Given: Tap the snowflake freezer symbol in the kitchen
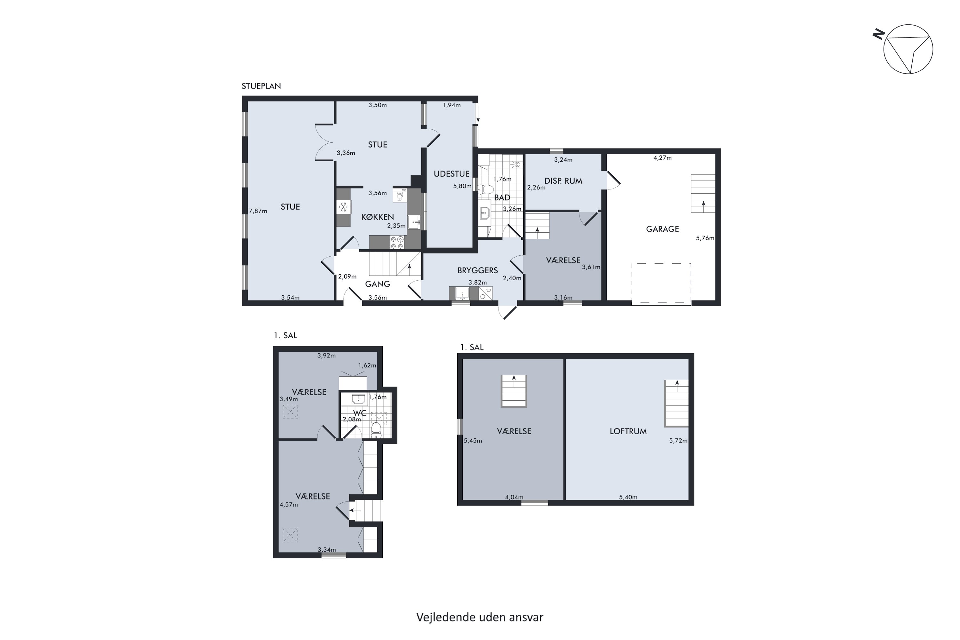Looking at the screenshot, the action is coord(344,207).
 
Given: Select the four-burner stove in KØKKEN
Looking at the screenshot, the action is coord(397,243).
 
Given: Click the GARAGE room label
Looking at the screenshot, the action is coord(662,229).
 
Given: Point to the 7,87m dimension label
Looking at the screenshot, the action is coord(258,211).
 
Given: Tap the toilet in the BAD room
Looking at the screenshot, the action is coord(485,189).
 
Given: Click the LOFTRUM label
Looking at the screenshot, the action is coord(628,431).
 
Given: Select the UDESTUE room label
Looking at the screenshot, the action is coord(452,174).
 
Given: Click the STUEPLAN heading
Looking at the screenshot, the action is coord(261,86).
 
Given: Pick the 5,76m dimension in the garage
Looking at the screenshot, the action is coord(705,238).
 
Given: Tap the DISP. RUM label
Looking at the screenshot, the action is coord(563,181).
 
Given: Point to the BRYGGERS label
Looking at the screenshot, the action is coord(477,270).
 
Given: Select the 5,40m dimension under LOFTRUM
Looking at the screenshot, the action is coord(628,497).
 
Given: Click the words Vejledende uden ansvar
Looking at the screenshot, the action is coord(480,618).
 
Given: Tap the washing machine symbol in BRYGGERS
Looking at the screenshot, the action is coord(486,293).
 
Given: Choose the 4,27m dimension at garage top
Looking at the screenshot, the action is coord(662,158).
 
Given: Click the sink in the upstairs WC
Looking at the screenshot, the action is coord(359,399).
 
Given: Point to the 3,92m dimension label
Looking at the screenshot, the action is coord(326,356).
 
